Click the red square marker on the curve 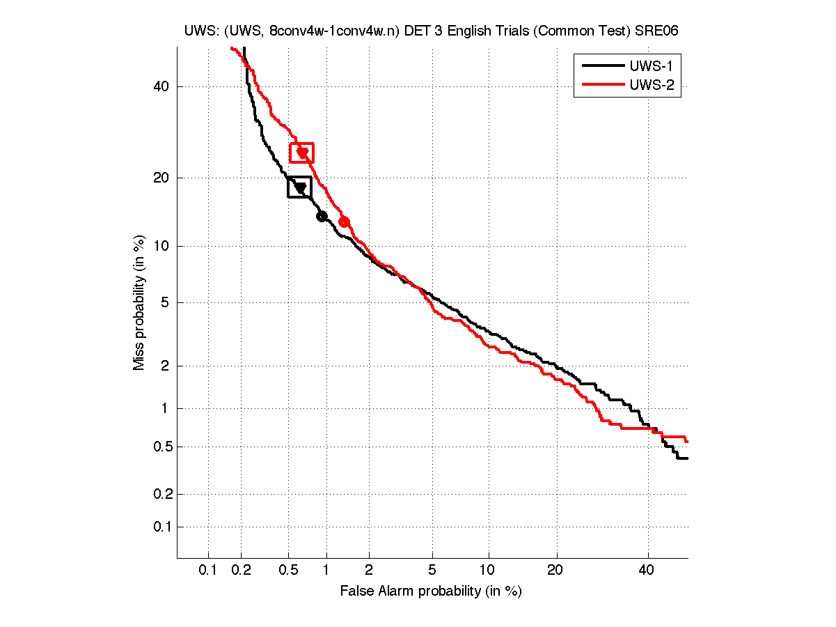[301, 153]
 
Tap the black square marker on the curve [299, 187]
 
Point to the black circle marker [322, 216]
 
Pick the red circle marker [344, 222]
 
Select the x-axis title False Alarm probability [430, 591]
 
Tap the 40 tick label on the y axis [160, 86]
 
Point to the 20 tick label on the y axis [160, 178]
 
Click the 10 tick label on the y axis [160, 246]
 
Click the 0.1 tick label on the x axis [208, 571]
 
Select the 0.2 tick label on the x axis [242, 571]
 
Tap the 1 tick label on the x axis [326, 571]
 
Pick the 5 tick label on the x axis [432, 571]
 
